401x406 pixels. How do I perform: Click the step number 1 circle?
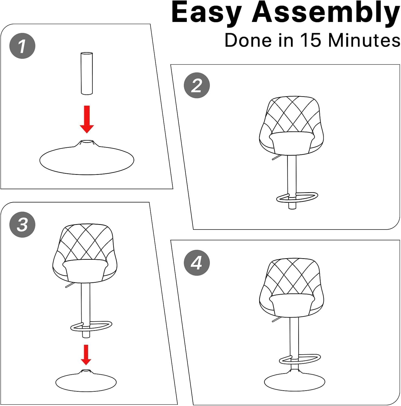tap(23, 46)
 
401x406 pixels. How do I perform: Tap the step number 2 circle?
tap(197, 86)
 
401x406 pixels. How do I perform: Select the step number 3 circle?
tap(23, 224)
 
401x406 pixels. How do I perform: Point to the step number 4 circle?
tap(197, 263)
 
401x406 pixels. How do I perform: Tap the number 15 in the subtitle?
tap(310, 40)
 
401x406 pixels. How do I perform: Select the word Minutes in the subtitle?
tap(364, 40)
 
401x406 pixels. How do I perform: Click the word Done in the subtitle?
tap(248, 40)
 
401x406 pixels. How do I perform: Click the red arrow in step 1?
tap(87, 119)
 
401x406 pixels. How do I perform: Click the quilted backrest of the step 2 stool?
tap(292, 115)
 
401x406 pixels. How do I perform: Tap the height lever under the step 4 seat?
tap(276, 320)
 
